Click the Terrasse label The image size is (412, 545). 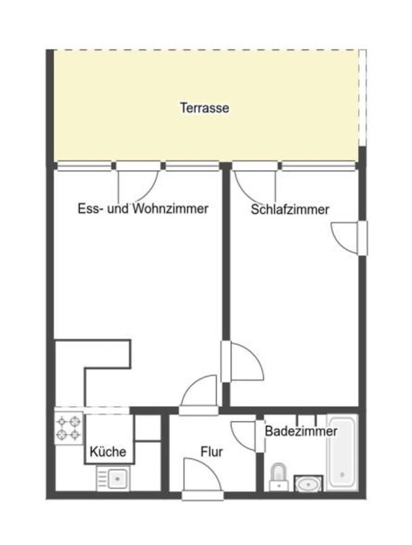point(204,108)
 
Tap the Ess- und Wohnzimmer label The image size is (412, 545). point(143,209)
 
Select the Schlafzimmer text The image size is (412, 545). point(290,210)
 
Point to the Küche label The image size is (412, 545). point(108,451)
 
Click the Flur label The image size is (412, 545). point(211,452)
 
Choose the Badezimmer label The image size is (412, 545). point(301,432)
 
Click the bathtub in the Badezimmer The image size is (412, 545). point(342,452)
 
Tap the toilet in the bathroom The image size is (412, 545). point(278,476)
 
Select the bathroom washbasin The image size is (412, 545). point(309,484)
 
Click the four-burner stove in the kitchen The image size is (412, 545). point(68,428)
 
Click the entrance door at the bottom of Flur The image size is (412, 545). point(203,478)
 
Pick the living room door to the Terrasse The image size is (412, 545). point(138,182)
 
